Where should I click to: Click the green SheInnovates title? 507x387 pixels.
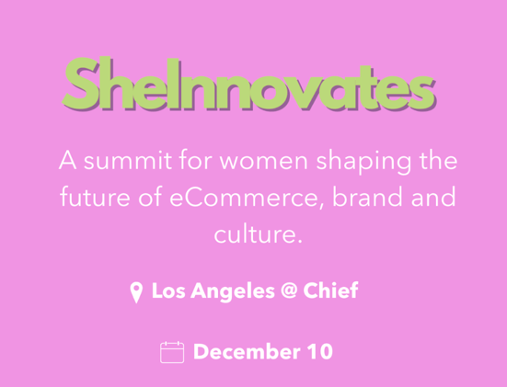tap(248, 84)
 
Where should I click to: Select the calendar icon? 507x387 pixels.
tap(172, 352)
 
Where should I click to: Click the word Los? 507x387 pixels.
tap(168, 290)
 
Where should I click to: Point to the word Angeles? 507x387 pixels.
tap(233, 291)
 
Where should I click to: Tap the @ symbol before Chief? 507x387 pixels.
tap(289, 290)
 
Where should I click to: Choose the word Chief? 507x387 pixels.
tap(330, 290)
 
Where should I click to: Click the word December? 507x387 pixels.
tap(247, 351)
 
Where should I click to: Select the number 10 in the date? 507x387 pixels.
tap(320, 351)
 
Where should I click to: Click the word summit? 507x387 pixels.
tap(128, 160)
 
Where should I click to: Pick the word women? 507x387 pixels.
tap(264, 162)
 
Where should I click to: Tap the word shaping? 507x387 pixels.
tap(363, 162)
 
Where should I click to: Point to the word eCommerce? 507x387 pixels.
tap(245, 197)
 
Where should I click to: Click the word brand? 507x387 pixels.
tap(367, 197)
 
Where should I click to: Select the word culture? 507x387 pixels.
tap(258, 233)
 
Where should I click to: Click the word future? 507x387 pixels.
tap(95, 197)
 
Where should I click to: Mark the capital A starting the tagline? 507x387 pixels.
tap(67, 160)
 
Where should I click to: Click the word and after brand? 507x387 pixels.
tap(433, 197)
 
